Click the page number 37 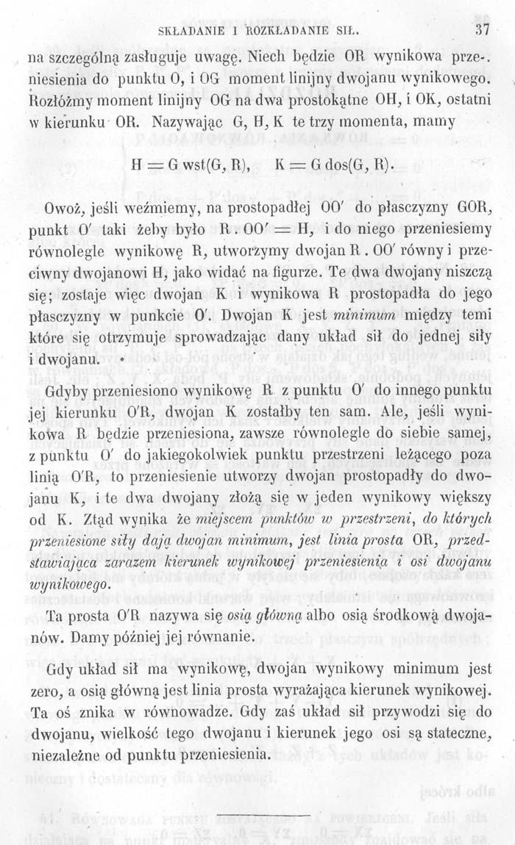pos(483,30)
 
